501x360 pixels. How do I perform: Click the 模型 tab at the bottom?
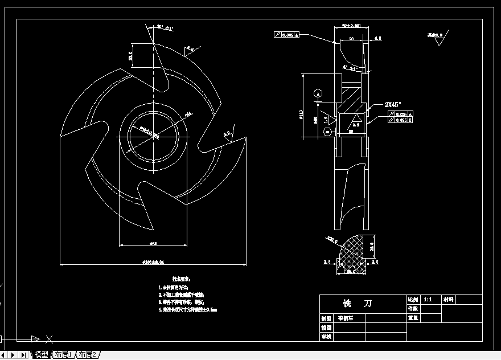click(41, 355)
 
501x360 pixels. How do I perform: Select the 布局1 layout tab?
click(63, 355)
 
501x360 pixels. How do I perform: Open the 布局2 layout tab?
click(87, 355)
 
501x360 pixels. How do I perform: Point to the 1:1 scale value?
click(428, 299)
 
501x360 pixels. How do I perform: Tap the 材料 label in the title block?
click(449, 299)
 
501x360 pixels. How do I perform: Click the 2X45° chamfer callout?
click(393, 104)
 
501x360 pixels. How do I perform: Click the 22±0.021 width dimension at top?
click(351, 26)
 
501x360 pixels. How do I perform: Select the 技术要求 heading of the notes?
click(182, 279)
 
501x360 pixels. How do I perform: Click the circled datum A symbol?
click(318, 92)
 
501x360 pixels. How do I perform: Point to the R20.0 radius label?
click(333, 240)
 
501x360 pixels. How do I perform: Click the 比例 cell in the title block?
click(413, 299)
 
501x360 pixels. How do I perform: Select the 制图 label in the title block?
click(326, 319)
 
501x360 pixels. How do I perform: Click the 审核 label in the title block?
click(326, 337)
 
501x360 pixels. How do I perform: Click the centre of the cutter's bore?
click(154, 136)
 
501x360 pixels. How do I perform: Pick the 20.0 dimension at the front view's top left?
click(130, 56)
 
